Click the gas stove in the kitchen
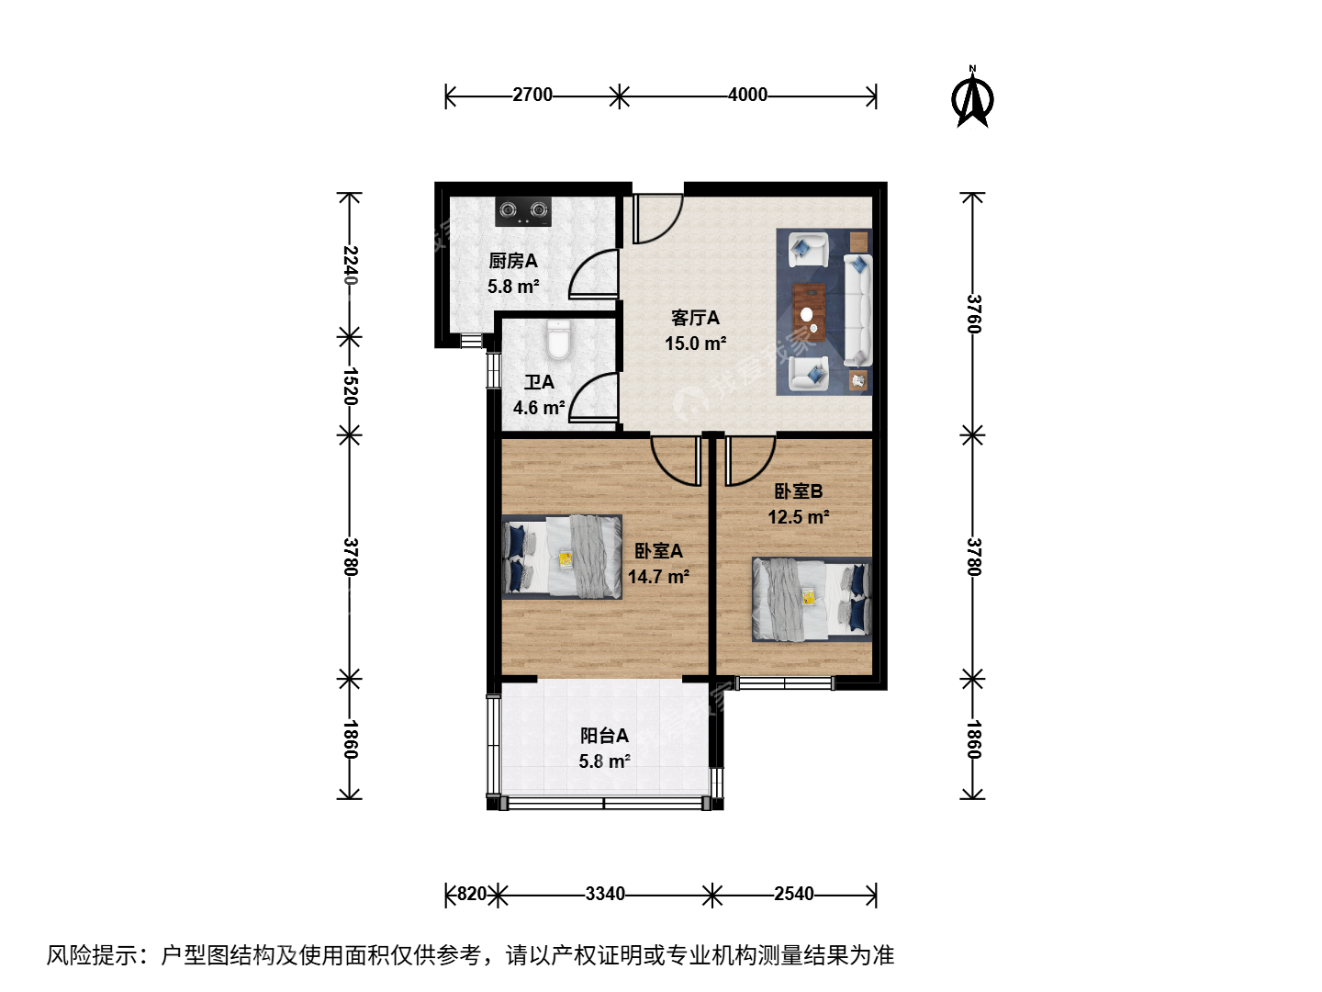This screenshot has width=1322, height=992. coord(522,211)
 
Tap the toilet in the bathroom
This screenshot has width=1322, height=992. coord(558,340)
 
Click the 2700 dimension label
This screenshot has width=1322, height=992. coord(532,95)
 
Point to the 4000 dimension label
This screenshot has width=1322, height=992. coord(747,95)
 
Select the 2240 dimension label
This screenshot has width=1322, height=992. coord(351,265)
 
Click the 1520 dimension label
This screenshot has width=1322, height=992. coord(351,386)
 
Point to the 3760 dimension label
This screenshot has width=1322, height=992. coord(974,314)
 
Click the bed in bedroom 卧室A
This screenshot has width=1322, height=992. coord(562,558)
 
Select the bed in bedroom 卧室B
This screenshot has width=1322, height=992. coord(812,599)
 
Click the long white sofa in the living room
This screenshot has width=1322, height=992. coord(857,310)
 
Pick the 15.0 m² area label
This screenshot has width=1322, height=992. coord(696,344)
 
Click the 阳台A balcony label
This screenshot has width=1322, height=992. coord(605,736)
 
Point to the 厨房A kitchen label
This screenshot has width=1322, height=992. coord(513,261)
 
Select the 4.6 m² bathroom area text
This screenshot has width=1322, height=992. coord(539,408)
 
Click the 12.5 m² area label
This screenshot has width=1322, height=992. coord(799,517)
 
